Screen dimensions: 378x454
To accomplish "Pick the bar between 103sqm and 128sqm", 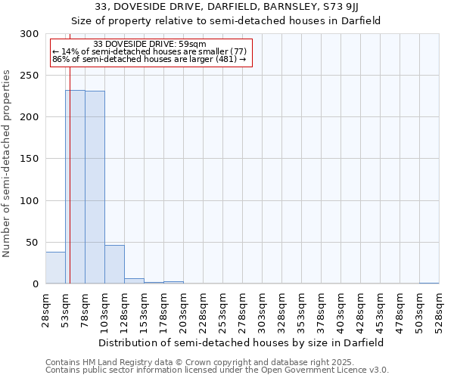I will point(114,265).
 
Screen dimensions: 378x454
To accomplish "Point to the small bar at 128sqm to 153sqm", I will point(134,281).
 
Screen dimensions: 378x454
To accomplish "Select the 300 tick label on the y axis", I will point(30,34).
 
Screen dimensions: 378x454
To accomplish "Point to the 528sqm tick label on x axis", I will point(439,311).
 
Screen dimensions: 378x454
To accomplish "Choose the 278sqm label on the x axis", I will point(242,311).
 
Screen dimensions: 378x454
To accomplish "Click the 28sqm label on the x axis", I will point(45,311).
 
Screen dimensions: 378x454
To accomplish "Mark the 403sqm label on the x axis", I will point(340,311).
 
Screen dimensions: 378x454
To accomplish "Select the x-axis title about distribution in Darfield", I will point(241,342).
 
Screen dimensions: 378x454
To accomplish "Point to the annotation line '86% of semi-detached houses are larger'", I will point(149,59).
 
